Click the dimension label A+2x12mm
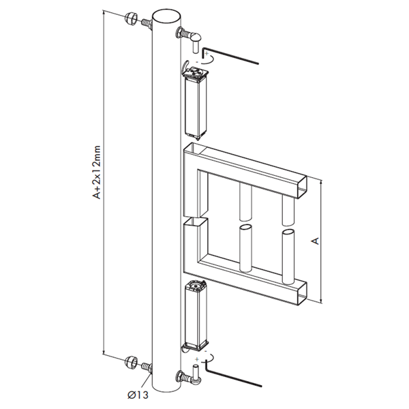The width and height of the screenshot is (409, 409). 97,177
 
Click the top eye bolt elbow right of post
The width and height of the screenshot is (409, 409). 192,36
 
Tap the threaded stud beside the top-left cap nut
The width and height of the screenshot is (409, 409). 147,25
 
